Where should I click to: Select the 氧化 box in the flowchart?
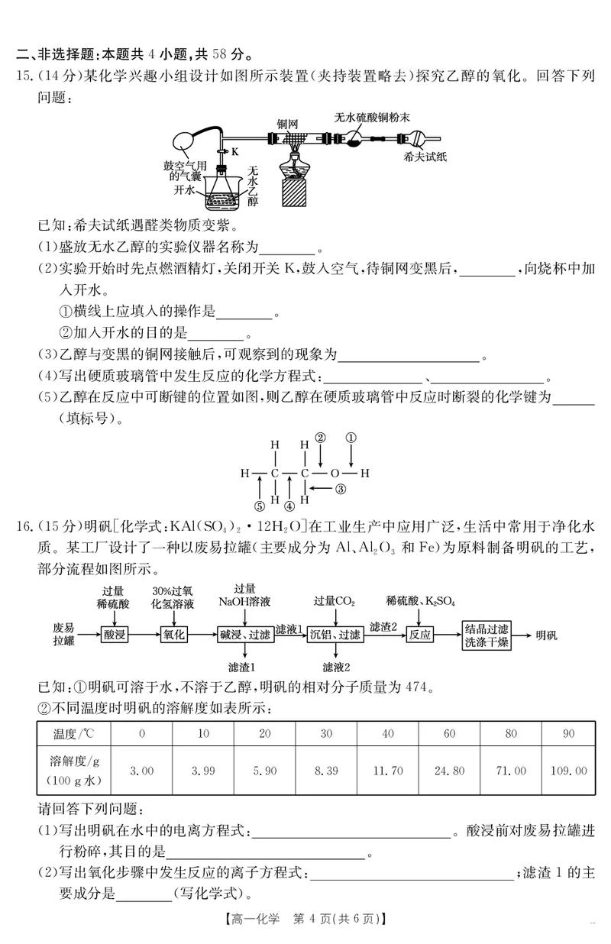(x=174, y=635)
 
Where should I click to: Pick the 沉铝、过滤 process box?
(x=338, y=635)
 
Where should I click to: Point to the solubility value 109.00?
(x=569, y=771)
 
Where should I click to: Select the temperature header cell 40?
(x=387, y=734)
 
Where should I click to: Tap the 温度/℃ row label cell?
(x=75, y=734)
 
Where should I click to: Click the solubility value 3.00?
(x=143, y=771)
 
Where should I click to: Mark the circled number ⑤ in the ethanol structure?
(x=260, y=505)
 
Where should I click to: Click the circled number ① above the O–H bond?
(x=351, y=438)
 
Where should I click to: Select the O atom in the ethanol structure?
(x=334, y=473)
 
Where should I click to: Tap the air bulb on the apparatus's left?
(x=185, y=142)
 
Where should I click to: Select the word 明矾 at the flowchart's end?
(x=547, y=635)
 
